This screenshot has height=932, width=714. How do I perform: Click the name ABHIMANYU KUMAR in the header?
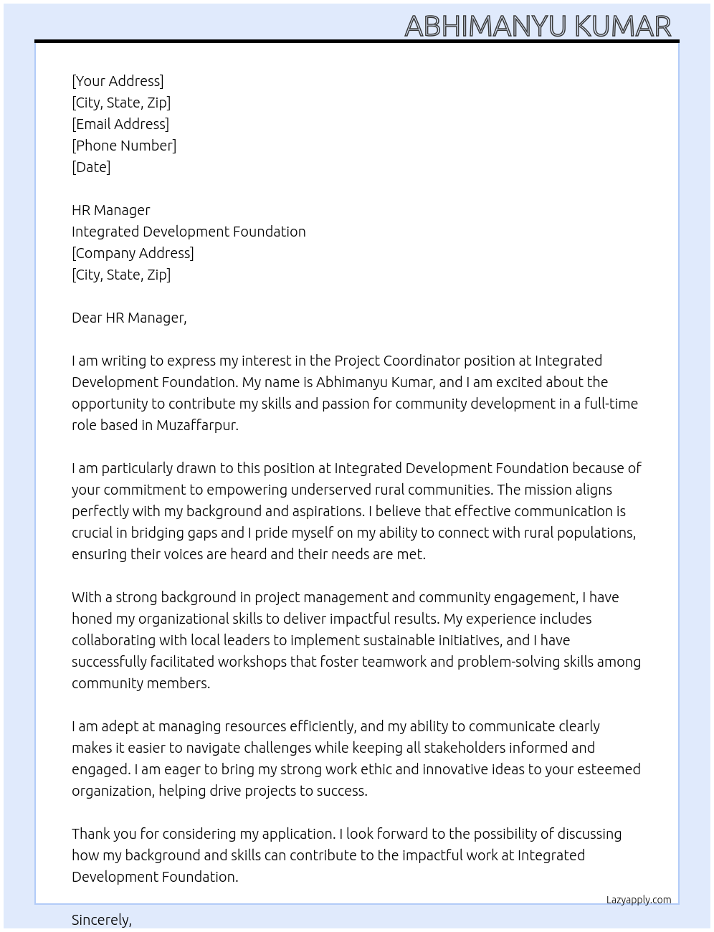pyautogui.click(x=538, y=26)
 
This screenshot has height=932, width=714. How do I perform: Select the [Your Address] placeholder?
pyautogui.click(x=118, y=81)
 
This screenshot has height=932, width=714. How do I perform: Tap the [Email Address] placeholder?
pyautogui.click(x=120, y=124)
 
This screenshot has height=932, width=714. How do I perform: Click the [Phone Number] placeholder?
pyautogui.click(x=124, y=146)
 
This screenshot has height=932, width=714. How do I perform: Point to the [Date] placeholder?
pyautogui.click(x=91, y=167)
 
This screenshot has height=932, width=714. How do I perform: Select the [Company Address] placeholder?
pyautogui.click(x=133, y=253)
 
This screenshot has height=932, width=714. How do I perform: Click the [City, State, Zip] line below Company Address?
pyautogui.click(x=121, y=275)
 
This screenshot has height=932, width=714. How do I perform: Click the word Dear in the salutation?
pyautogui.click(x=87, y=318)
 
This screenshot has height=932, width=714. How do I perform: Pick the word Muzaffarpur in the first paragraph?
pyautogui.click(x=196, y=425)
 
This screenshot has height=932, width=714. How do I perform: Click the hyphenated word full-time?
pyautogui.click(x=611, y=404)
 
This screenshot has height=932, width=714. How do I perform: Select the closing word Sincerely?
pyautogui.click(x=101, y=920)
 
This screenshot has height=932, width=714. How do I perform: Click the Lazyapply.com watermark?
pyautogui.click(x=639, y=900)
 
